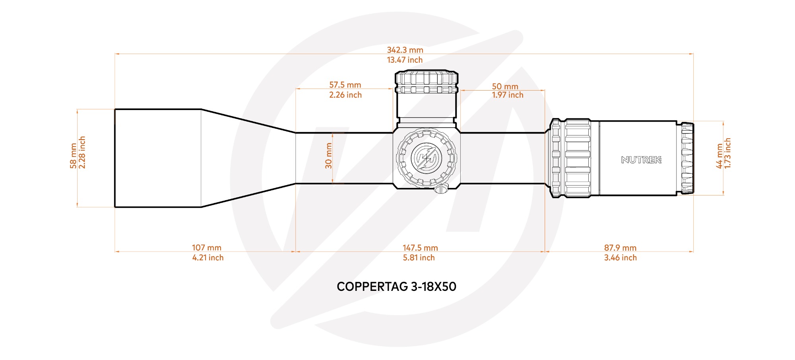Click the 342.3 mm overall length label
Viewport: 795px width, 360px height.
point(405,50)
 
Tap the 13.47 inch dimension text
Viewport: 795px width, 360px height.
point(405,60)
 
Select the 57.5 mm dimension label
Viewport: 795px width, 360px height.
point(345,85)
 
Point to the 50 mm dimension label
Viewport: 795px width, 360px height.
point(505,86)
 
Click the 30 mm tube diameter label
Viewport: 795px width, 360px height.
point(329,156)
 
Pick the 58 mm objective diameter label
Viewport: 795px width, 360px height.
point(73,156)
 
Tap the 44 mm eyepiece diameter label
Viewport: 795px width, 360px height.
point(719,156)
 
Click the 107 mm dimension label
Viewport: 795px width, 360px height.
point(207,248)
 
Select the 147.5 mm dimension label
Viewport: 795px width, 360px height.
point(420,248)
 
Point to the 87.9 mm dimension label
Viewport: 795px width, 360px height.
point(620,248)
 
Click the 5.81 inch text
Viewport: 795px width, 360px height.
point(419,257)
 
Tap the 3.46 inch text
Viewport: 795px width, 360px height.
point(620,257)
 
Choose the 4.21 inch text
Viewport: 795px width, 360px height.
point(208,257)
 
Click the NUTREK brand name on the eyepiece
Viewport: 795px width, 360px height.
point(641,160)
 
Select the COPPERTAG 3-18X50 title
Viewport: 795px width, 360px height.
point(396,287)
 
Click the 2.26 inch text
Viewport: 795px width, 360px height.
point(345,95)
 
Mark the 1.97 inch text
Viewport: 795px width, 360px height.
point(508,95)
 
